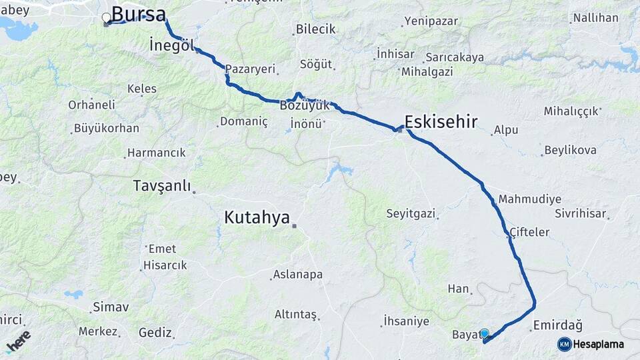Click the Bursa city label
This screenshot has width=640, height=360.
coord(138,14)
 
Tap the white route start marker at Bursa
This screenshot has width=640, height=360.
coord(106,18)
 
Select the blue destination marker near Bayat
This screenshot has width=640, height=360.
coord(484,333)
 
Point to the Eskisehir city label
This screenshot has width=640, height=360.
coord(441,121)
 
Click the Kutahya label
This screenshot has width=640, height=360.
coord(257,217)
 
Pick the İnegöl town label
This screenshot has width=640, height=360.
coord(172,46)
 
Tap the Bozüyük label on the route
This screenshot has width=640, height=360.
coord(305,106)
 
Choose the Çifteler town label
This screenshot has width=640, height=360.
coord(530,232)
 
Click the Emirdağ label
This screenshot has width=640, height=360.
coord(558,326)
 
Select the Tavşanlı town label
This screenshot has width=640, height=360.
coord(162,185)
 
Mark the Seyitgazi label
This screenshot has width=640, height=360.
coord(411,214)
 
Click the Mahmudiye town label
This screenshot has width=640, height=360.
coord(529,199)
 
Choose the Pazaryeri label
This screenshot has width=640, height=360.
coord(250,69)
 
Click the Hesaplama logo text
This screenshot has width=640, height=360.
coord(599,344)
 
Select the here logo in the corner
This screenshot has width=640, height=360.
coord(18,341)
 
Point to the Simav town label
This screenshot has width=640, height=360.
coord(111,307)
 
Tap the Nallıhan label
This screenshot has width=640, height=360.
coord(595,18)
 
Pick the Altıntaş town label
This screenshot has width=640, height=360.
coord(295,315)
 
